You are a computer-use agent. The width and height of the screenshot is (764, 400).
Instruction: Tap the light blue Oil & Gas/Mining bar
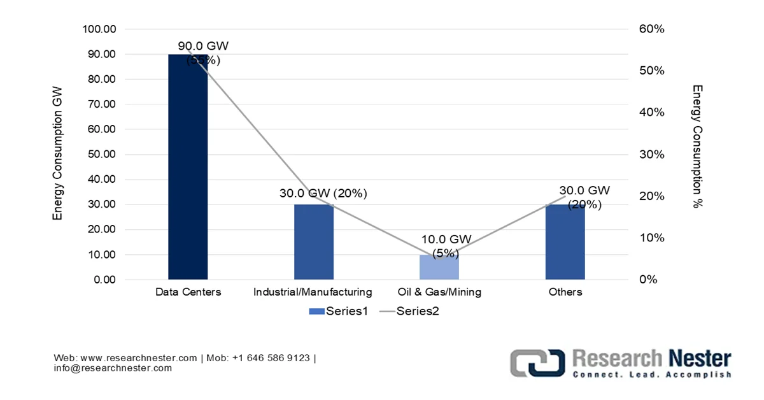point(439,268)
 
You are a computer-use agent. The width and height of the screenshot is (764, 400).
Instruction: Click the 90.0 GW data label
point(203,46)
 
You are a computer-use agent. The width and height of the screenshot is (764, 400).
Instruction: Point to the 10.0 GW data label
point(446,239)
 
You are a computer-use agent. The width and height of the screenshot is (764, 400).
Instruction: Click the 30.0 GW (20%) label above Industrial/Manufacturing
point(323,194)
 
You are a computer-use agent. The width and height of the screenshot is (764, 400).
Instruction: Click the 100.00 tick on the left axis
point(99,29)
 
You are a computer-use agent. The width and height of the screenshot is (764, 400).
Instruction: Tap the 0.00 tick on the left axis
point(104,280)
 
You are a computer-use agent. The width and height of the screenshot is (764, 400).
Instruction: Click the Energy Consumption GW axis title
point(58,155)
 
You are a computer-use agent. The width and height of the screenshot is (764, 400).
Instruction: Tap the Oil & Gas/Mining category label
point(439,292)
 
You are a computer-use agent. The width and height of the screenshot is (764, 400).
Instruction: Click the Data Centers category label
point(188,292)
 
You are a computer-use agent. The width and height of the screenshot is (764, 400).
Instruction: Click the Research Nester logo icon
point(537,363)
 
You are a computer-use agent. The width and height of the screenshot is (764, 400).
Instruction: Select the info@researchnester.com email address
point(113,368)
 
